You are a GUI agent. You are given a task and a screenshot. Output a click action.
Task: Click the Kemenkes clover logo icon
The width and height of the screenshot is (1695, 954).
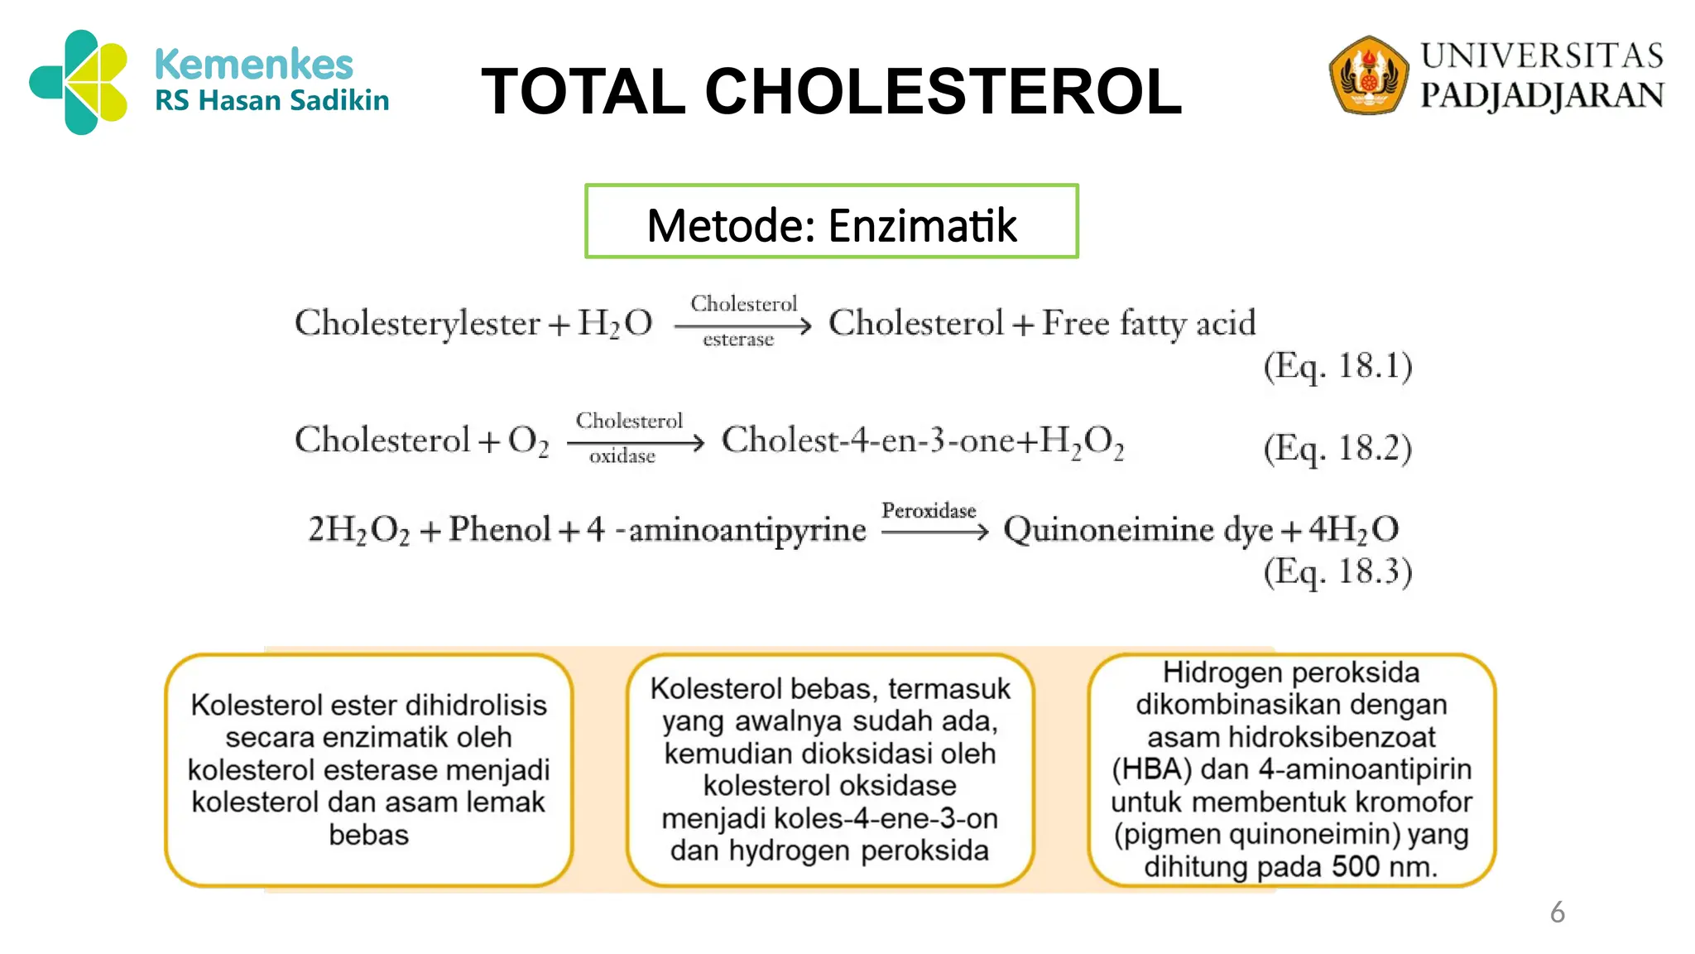[79, 82]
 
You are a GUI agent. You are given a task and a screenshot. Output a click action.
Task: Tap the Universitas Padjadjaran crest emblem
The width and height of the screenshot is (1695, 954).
[1368, 75]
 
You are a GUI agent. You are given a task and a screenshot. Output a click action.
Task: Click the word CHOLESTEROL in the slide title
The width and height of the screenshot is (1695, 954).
[943, 91]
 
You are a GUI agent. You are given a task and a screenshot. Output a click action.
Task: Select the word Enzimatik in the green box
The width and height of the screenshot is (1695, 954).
[922, 225]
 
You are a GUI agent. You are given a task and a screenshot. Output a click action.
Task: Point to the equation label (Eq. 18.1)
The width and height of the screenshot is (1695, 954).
[1337, 366]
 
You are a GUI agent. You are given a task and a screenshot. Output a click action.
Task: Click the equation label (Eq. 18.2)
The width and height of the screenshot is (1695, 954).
[1337, 448]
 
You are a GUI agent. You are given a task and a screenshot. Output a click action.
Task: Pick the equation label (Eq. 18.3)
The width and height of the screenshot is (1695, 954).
[1337, 571]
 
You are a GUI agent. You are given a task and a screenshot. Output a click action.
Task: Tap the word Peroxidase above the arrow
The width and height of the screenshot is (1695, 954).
[929, 510]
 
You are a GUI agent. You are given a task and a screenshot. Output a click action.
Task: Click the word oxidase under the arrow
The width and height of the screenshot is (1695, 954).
[622, 456]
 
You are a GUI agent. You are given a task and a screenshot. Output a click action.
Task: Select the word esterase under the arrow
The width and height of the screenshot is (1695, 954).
[738, 340]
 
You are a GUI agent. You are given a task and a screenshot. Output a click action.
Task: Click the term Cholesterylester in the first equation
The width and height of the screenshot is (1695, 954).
[417, 323]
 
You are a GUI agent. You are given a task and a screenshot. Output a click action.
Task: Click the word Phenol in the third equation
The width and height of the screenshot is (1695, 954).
[500, 529]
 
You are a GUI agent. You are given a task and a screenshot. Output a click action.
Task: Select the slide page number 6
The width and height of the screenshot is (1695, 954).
[1557, 913]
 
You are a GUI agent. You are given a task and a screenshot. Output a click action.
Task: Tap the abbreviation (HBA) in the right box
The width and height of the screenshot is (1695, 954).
[1151, 769]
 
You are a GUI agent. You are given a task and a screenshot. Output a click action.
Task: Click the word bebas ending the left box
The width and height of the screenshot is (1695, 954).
[368, 835]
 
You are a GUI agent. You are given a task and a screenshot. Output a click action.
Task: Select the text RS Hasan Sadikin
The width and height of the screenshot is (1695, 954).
[271, 101]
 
